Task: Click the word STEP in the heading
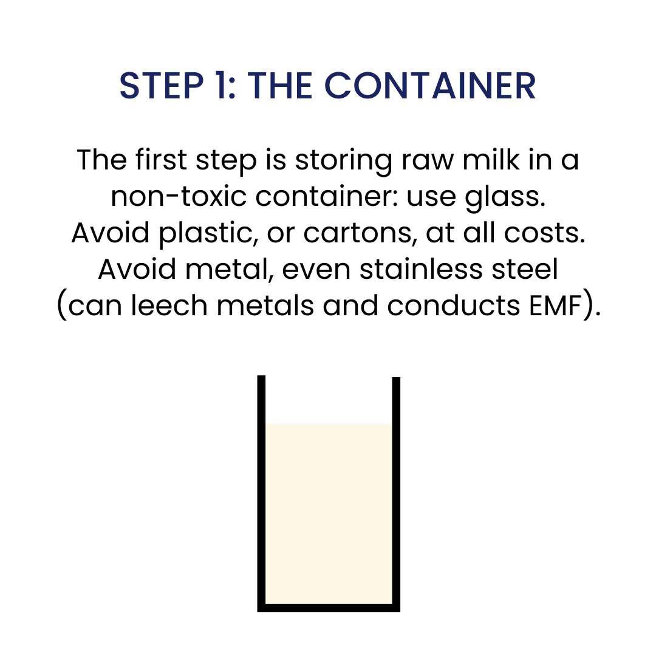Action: pyautogui.click(x=161, y=86)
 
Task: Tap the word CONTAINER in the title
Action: pyautogui.click(x=430, y=86)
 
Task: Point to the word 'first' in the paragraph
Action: pyautogui.click(x=161, y=160)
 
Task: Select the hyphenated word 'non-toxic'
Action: pyautogui.click(x=179, y=197)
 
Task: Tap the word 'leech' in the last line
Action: pyautogui.click(x=169, y=306)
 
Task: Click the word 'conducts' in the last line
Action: pyautogui.click(x=454, y=306)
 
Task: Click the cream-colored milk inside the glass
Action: pyautogui.click(x=329, y=513)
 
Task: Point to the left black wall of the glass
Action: pyautogui.click(x=261, y=494)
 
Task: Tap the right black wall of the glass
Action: pyautogui.click(x=396, y=494)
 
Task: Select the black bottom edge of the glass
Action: pyautogui.click(x=329, y=608)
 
